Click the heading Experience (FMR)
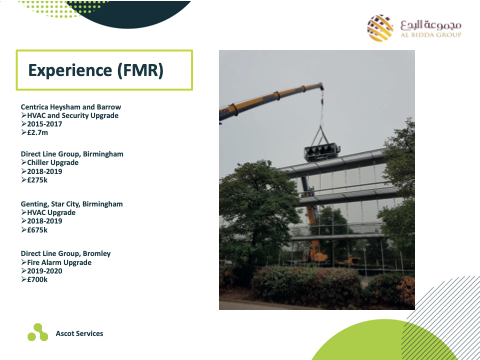96,71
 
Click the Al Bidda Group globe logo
380,28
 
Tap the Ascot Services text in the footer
79,333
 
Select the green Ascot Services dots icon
38,332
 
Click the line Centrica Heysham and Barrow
71,107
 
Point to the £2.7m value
38,132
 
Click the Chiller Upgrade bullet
53,163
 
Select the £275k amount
37,180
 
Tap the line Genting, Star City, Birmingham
72,204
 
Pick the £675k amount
37,230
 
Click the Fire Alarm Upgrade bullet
59,263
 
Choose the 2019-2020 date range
45,271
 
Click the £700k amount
37,279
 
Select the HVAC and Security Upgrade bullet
73,116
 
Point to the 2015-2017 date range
45,124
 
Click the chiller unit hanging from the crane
321,153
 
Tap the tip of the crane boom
321,85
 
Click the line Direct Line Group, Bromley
66,254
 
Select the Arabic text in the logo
431,25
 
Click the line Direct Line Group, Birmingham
72,154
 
